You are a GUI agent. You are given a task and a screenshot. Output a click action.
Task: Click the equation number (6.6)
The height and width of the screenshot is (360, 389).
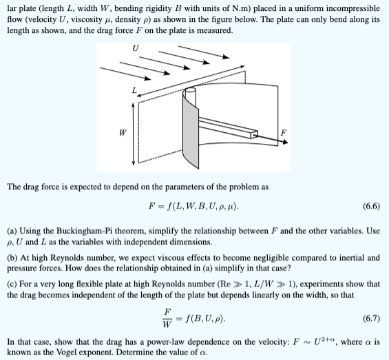coord(368,204)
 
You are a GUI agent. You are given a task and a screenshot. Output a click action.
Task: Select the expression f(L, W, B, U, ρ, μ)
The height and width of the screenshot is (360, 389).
coord(204,204)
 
